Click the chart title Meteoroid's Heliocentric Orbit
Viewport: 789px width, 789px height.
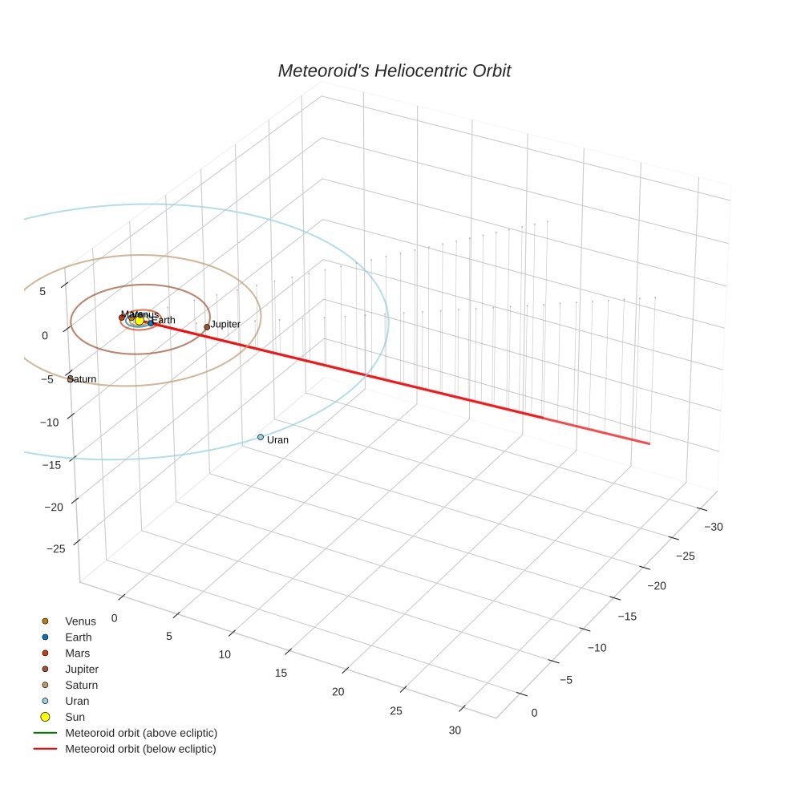pos(394,71)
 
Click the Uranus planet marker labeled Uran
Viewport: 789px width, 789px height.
pos(261,437)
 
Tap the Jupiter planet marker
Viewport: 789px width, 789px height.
pos(207,327)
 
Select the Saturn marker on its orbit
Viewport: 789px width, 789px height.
pos(70,378)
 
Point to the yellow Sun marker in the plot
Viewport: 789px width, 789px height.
pos(139,320)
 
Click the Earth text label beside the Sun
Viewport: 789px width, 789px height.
pos(164,320)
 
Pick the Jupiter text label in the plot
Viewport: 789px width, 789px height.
pos(226,324)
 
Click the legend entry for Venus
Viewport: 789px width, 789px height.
pos(80,621)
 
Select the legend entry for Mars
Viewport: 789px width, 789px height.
pos(79,653)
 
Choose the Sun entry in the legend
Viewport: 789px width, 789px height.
pos(75,717)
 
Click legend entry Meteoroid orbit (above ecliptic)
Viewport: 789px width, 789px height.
pos(141,733)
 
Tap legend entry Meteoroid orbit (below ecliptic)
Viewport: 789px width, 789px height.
pos(141,749)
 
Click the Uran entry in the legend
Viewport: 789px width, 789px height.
pos(77,701)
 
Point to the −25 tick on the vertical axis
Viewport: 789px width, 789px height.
pos(56,548)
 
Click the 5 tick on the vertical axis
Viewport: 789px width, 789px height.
pos(42,291)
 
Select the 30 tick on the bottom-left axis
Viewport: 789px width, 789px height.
pos(455,730)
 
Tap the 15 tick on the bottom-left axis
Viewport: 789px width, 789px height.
pos(281,673)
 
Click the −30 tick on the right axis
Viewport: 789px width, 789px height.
pos(713,527)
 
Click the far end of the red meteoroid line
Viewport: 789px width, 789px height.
pos(649,443)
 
